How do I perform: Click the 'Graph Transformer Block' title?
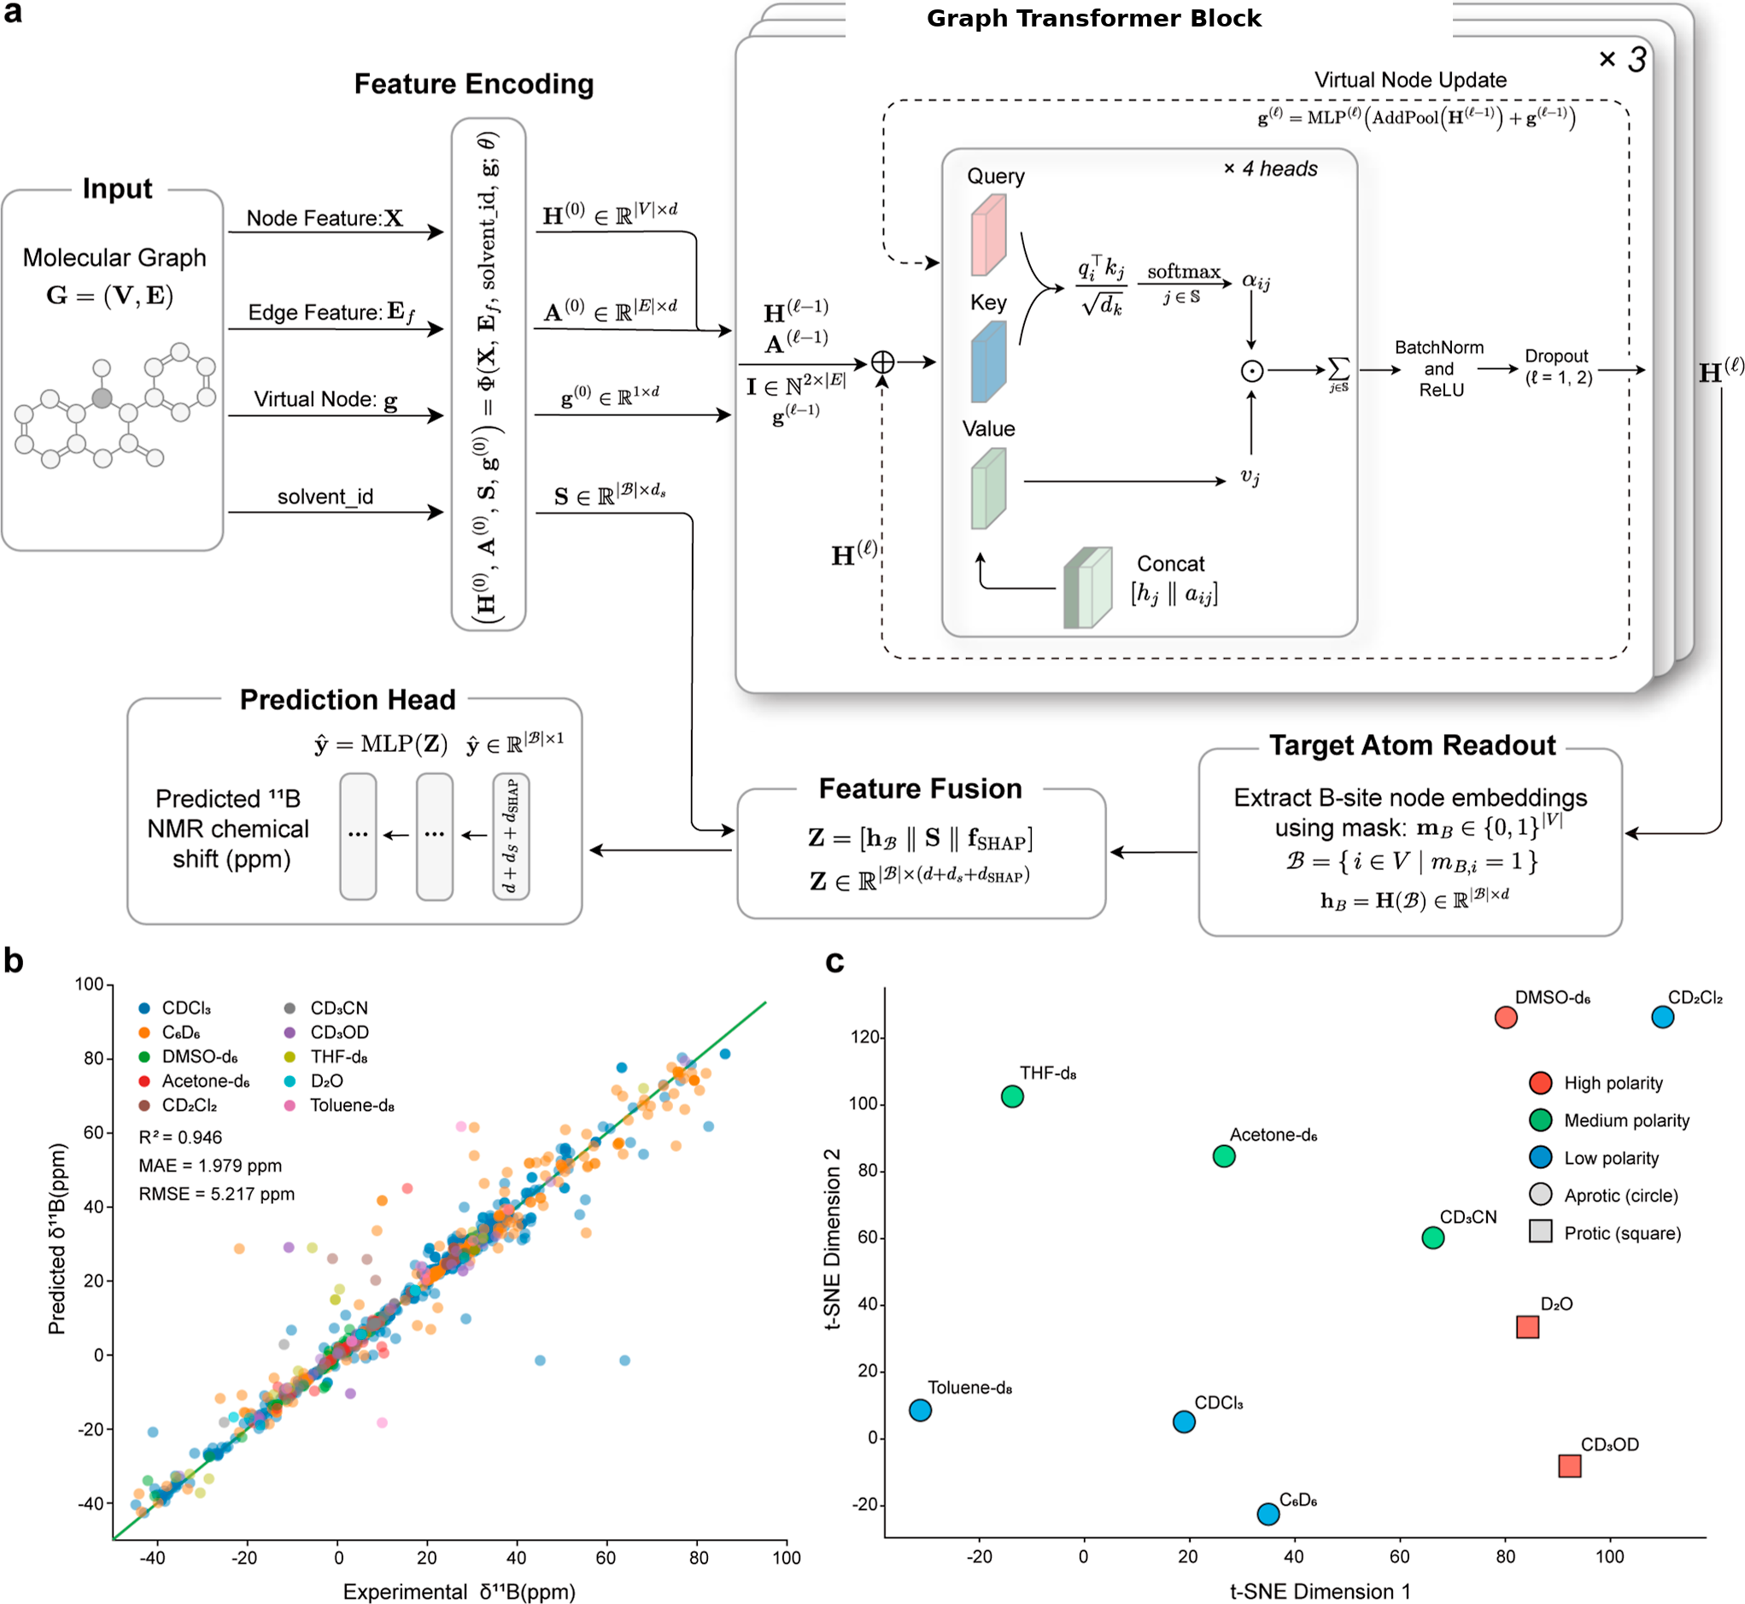[x=1093, y=18]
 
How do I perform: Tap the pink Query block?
[x=988, y=234]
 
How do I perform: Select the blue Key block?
[x=988, y=361]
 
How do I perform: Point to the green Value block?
[x=988, y=488]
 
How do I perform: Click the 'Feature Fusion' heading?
[x=920, y=788]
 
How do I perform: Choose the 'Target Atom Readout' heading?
[x=1412, y=744]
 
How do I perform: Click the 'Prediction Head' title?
[x=347, y=700]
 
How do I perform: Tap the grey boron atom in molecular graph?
[x=102, y=398]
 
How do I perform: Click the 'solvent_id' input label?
[x=325, y=496]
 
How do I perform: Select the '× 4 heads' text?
[x=1270, y=168]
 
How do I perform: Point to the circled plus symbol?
[x=882, y=362]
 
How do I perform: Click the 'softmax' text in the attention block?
[x=1184, y=272]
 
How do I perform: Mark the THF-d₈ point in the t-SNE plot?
[x=1012, y=1096]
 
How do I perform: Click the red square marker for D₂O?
[x=1527, y=1327]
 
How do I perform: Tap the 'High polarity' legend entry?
[x=1596, y=1084]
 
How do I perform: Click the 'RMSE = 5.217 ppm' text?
[x=217, y=1195]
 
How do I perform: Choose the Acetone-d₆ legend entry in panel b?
[x=195, y=1082]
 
